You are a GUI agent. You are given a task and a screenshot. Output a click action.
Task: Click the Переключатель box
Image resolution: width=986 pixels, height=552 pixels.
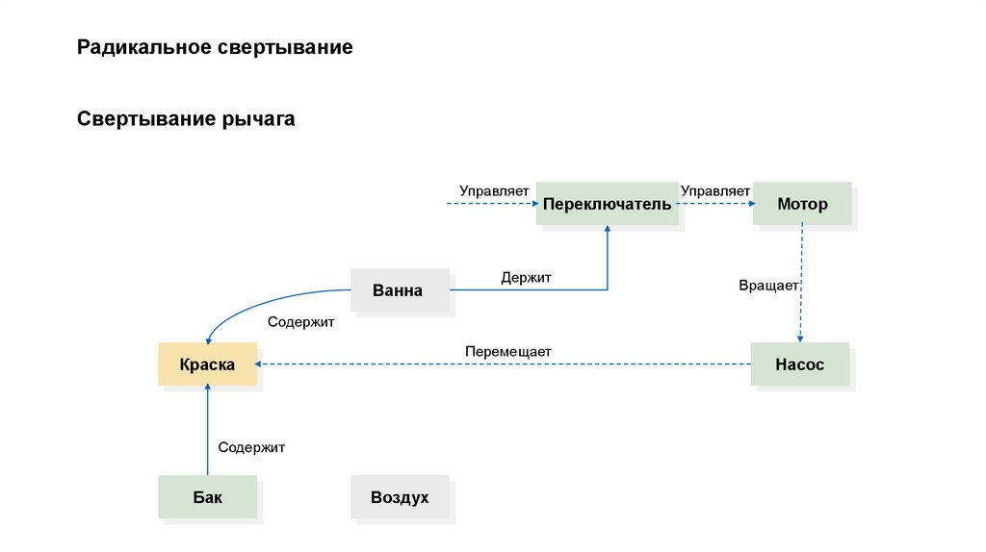pyautogui.click(x=607, y=204)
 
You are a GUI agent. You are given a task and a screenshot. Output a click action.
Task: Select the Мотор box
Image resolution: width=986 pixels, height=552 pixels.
pyautogui.click(x=802, y=204)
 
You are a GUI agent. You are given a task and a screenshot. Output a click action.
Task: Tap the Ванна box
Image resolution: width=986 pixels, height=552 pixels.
pyautogui.click(x=399, y=289)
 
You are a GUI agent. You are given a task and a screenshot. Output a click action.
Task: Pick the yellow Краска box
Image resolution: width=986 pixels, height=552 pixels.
pyautogui.click(x=207, y=364)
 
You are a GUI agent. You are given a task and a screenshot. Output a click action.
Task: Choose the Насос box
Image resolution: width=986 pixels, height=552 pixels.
pyautogui.click(x=800, y=364)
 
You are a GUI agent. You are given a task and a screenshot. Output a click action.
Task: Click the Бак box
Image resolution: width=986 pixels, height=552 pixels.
pyautogui.click(x=207, y=497)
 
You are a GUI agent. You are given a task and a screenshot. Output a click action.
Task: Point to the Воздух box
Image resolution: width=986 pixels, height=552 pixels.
pyautogui.click(x=400, y=497)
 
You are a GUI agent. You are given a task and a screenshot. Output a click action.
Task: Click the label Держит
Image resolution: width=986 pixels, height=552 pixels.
pyautogui.click(x=526, y=278)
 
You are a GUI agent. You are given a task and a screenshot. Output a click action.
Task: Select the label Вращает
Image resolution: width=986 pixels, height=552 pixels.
pyautogui.click(x=768, y=286)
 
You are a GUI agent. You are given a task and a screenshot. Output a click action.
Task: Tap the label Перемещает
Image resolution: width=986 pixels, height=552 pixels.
pyautogui.click(x=507, y=352)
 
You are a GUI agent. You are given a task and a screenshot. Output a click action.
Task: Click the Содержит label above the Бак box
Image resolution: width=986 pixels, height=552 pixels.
pyautogui.click(x=251, y=447)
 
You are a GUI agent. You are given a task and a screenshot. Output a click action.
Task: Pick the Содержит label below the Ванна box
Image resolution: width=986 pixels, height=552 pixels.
pyautogui.click(x=300, y=323)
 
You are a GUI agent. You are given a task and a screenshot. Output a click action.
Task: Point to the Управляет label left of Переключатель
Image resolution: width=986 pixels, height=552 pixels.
pyautogui.click(x=494, y=191)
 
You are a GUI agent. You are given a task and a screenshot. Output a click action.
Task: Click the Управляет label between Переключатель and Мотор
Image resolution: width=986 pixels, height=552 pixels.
pyautogui.click(x=715, y=191)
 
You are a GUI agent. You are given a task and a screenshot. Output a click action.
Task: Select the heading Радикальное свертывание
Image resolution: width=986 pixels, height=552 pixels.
pyautogui.click(x=216, y=47)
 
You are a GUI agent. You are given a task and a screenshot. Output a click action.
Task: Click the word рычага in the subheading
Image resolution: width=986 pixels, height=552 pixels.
pyautogui.click(x=259, y=120)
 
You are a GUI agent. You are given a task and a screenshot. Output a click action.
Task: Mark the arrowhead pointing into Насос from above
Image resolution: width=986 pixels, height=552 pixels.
pyautogui.click(x=801, y=338)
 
